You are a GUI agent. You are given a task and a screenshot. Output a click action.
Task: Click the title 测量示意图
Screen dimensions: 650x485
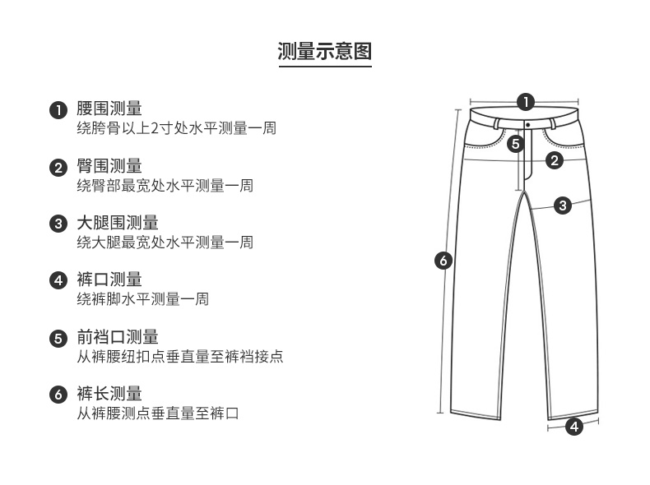[325, 52]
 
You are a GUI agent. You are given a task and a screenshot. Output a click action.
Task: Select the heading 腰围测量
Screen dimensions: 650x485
[109, 109]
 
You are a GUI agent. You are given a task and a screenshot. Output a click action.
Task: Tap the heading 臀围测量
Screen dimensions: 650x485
[109, 166]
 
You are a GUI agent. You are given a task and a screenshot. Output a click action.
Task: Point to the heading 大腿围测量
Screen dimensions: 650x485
[118, 223]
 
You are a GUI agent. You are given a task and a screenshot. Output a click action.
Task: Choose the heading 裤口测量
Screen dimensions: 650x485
[109, 279]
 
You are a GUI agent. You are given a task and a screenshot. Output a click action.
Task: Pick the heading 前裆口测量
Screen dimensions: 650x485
[118, 337]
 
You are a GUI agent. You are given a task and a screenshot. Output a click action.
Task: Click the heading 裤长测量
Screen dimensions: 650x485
[109, 394]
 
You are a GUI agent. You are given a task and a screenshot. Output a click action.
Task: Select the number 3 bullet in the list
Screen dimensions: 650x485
[58, 224]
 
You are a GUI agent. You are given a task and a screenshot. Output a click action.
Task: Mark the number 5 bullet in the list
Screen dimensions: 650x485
[58, 338]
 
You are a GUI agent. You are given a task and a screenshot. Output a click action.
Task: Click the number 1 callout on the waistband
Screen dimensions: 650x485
[525, 103]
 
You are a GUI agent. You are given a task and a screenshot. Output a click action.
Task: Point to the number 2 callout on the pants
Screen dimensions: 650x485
[555, 160]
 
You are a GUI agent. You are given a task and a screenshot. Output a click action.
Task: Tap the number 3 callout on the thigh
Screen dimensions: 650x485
[563, 205]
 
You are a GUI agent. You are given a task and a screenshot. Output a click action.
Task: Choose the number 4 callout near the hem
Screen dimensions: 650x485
[574, 427]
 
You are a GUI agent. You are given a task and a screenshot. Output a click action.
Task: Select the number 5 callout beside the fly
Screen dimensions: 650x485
[514, 144]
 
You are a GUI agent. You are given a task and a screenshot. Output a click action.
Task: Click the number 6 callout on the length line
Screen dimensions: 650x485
[443, 261]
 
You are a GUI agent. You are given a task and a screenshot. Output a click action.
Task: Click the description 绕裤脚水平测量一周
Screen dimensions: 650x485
[142, 299]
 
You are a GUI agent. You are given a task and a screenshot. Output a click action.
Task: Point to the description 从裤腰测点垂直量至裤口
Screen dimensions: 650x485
[158, 413]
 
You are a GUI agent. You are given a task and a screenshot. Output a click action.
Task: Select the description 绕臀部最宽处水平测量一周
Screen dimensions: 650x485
[165, 186]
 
